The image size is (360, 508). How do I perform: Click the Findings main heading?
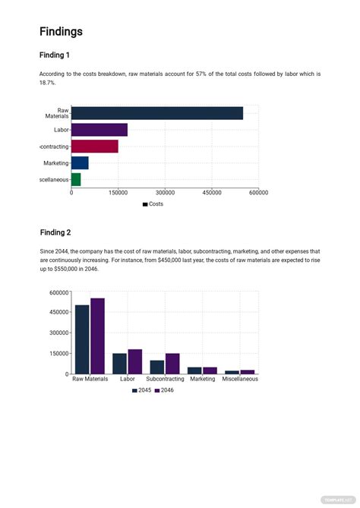[x=61, y=32]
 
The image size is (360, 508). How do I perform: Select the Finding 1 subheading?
[x=55, y=55]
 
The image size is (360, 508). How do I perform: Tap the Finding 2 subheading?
[x=55, y=232]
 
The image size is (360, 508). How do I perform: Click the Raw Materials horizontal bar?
[x=157, y=113]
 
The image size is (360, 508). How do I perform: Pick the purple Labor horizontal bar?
[x=99, y=130]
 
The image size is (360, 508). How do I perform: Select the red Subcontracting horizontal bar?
[x=95, y=147]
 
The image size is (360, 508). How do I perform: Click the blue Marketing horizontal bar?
[x=80, y=162]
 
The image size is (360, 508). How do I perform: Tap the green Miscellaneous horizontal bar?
[x=76, y=179]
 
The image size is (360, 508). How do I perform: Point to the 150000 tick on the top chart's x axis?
[x=118, y=193]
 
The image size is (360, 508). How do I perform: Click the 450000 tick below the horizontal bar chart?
[x=212, y=193]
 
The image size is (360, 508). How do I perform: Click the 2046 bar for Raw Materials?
[x=97, y=336]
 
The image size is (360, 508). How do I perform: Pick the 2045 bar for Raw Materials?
[x=82, y=339]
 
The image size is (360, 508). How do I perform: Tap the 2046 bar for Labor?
[x=135, y=361]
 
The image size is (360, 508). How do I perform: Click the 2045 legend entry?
[x=141, y=390]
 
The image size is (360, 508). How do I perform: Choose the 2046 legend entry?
[x=164, y=390]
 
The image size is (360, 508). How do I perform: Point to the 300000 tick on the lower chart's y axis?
[x=58, y=333]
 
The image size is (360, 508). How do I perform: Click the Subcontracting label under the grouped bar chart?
[x=165, y=379]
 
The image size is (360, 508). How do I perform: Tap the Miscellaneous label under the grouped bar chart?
[x=240, y=379]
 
